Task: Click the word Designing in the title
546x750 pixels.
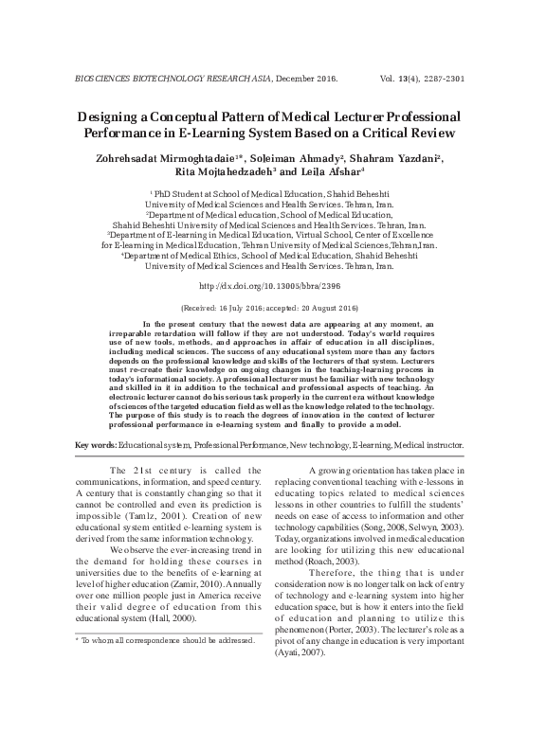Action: coord(115,116)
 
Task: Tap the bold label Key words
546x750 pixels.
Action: coord(95,471)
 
